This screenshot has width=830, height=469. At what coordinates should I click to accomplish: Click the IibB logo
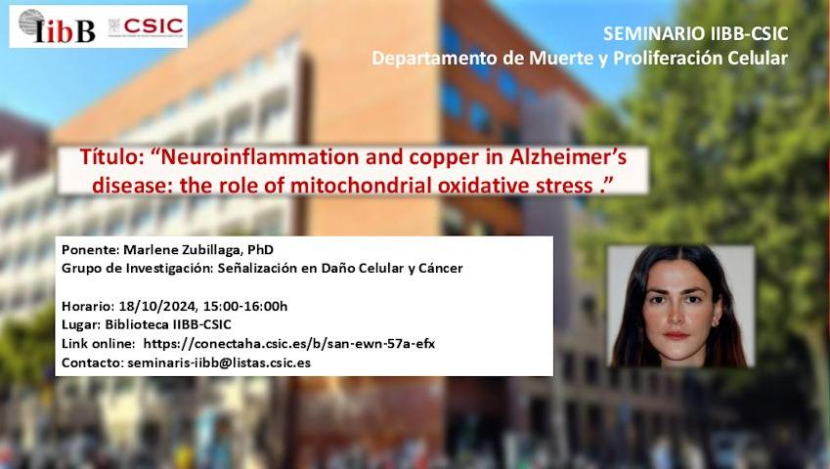[x=56, y=26]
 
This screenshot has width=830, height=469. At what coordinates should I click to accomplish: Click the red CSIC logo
[x=146, y=26]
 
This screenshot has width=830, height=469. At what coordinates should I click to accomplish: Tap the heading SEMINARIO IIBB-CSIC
[x=695, y=34]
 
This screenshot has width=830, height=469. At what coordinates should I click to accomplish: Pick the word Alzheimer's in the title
[x=568, y=157]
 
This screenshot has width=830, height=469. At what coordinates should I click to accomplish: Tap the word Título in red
[x=109, y=157]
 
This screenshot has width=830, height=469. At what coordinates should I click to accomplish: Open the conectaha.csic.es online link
[x=289, y=344]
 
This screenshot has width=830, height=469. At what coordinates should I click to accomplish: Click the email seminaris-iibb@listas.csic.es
[x=219, y=363]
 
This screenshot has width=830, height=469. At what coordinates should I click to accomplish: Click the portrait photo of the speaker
[x=680, y=306]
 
